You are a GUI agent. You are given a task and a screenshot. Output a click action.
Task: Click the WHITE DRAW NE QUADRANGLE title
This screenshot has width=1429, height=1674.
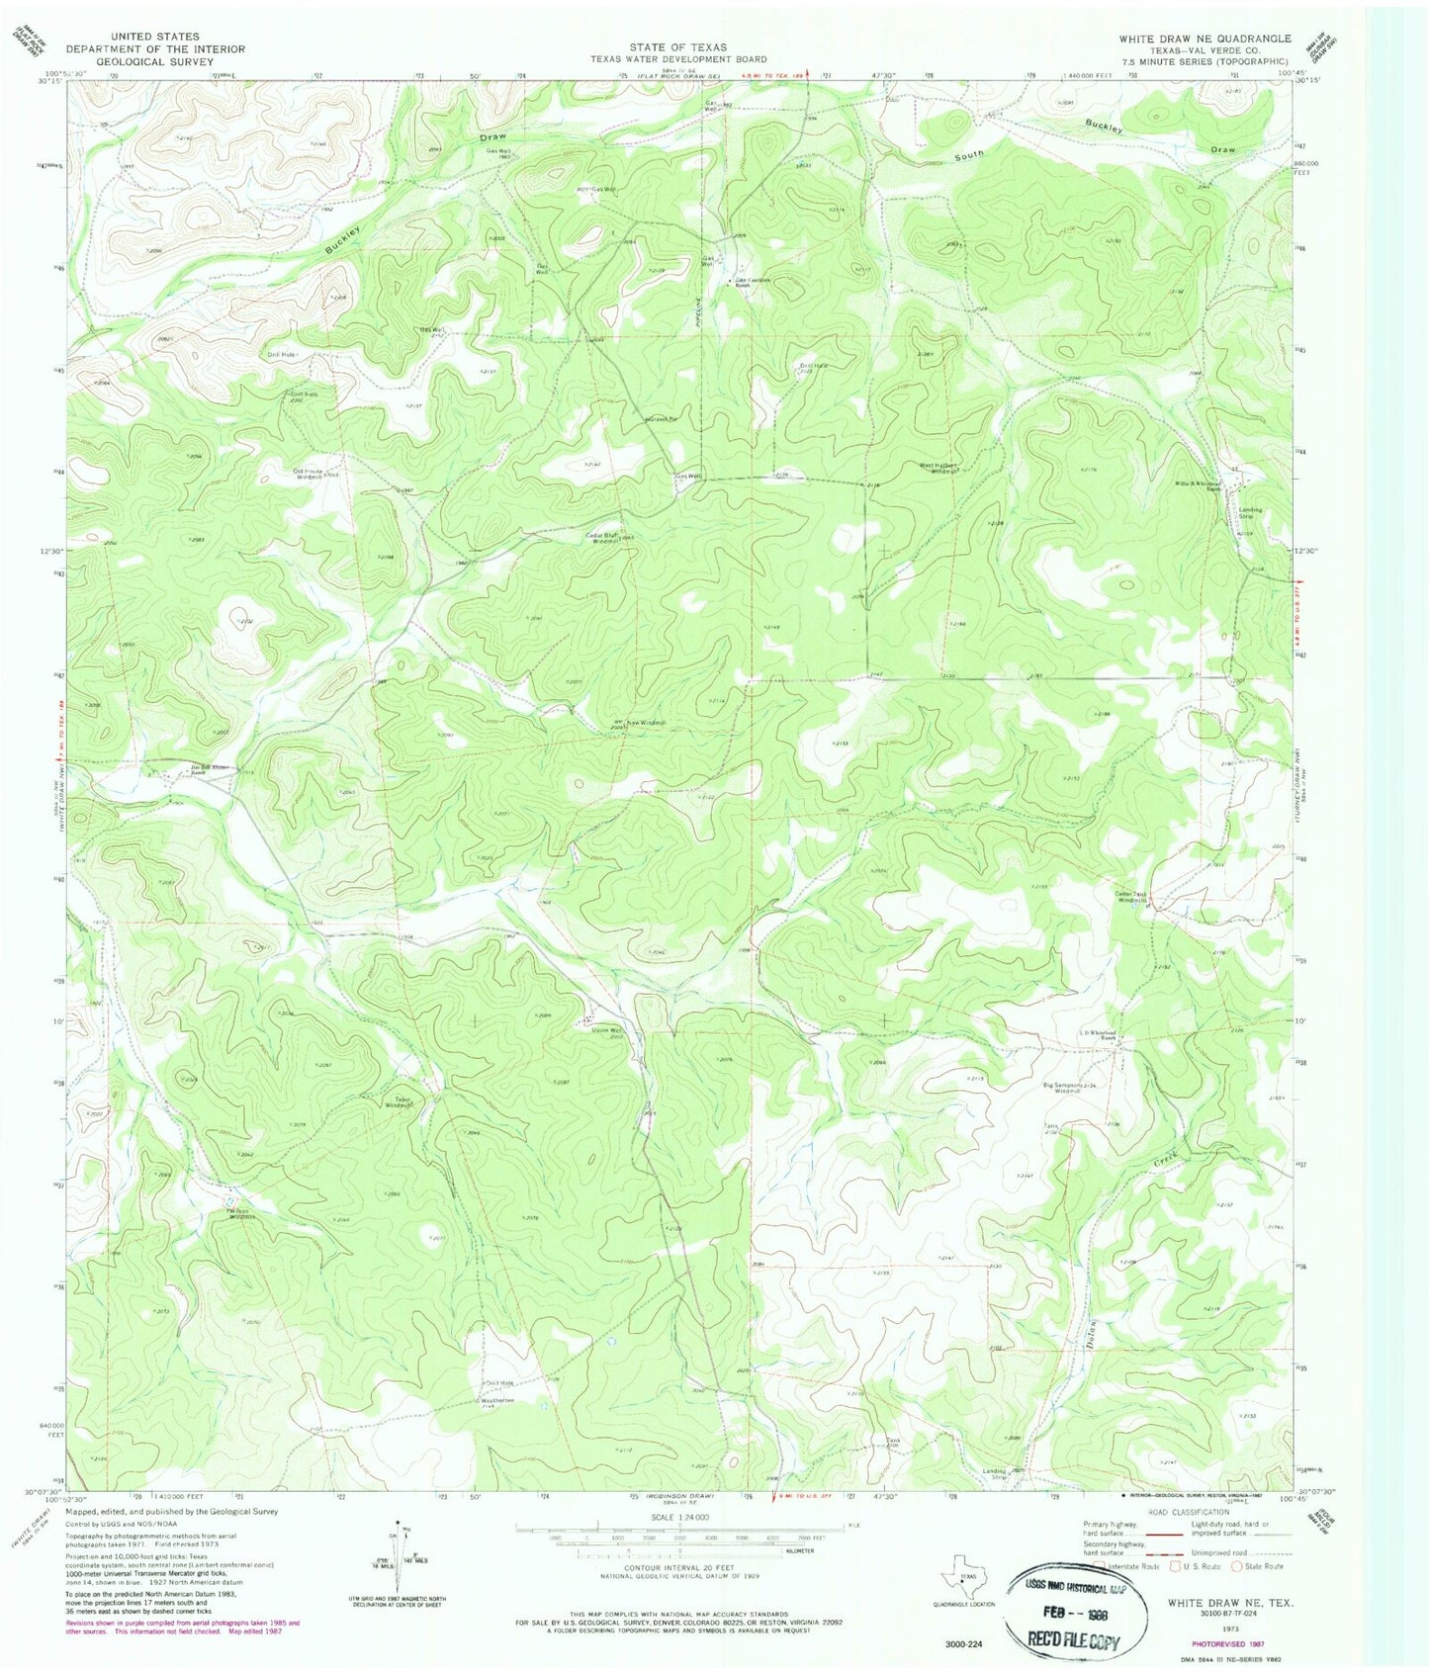click(1205, 39)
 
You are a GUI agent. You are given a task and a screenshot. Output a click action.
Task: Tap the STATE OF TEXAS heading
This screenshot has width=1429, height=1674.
click(677, 47)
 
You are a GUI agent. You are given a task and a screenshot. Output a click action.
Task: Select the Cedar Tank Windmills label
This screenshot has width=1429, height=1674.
click(1131, 898)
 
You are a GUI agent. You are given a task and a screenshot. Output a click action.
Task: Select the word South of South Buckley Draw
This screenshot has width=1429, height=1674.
click(972, 156)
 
